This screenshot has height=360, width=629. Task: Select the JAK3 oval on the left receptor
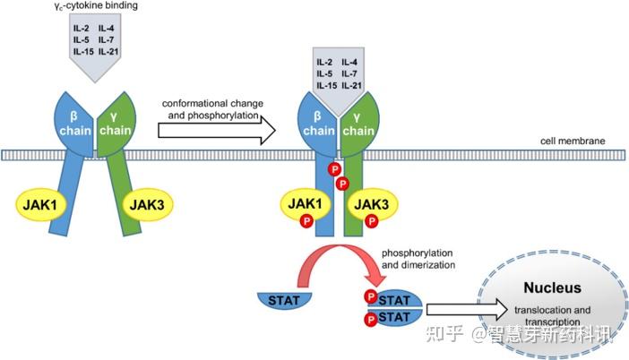pos(145,205)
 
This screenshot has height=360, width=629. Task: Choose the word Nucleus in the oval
pos(554,288)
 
